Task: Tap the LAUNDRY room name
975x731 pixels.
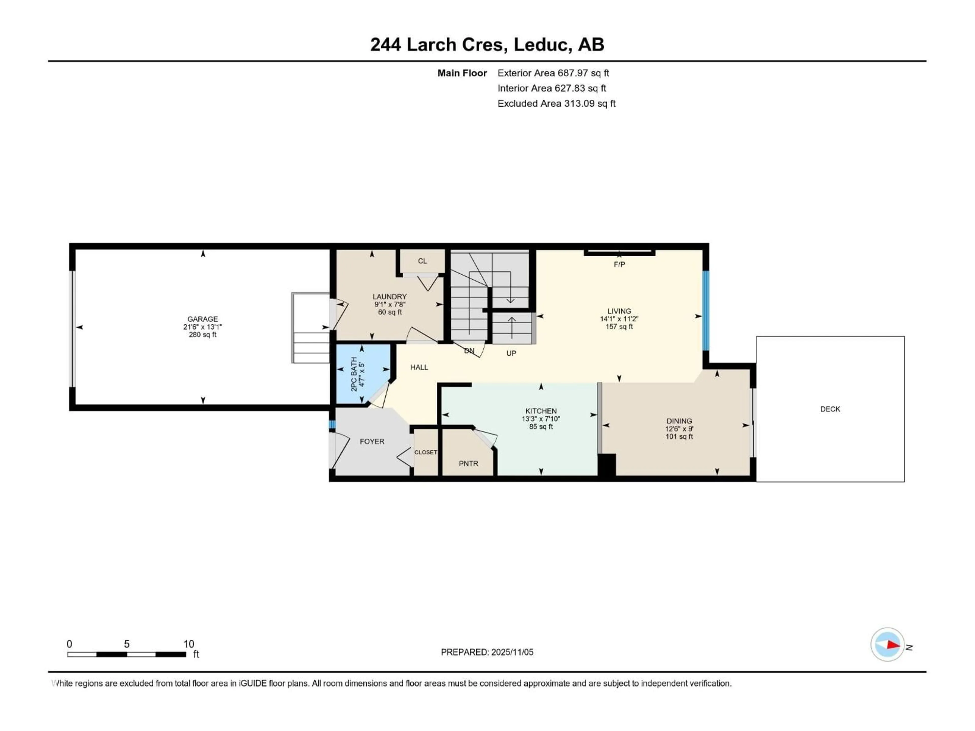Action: (389, 296)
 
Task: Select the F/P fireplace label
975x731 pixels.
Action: (619, 264)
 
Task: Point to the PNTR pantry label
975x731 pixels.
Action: (468, 463)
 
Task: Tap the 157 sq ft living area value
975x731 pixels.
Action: (619, 326)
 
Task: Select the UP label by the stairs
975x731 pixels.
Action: (511, 353)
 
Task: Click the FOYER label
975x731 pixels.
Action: (371, 441)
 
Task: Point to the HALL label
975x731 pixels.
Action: (419, 367)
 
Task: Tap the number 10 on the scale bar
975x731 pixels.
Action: (189, 644)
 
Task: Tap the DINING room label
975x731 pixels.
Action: (679, 421)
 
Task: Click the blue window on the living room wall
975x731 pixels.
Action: (705, 311)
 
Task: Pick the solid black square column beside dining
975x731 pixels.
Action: (607, 465)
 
